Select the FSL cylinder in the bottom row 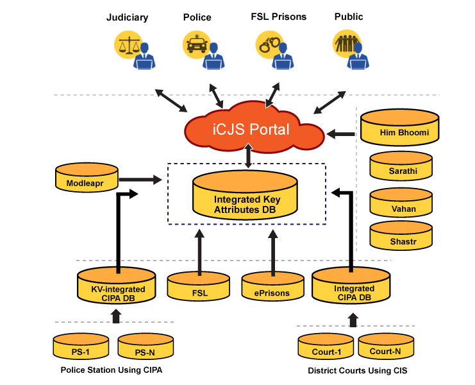[x=199, y=288]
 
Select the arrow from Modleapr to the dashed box [x=140, y=180]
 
